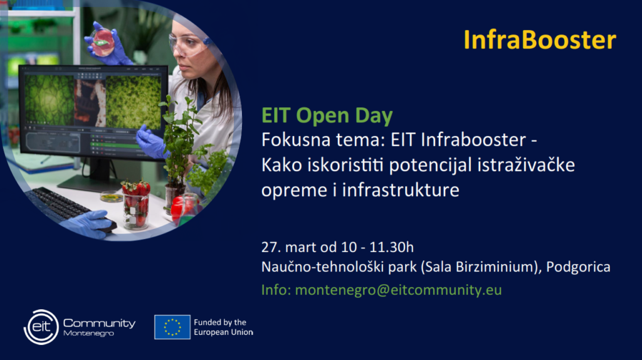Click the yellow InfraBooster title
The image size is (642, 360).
tap(540, 40)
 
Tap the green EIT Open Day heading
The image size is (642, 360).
tap(327, 115)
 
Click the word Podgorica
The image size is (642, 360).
tap(578, 267)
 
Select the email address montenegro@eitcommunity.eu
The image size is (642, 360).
tap(398, 290)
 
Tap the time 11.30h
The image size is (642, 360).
tap(391, 247)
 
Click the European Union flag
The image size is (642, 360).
tap(172, 327)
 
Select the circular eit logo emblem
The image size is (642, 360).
tap(41, 327)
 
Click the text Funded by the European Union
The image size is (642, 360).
tap(224, 327)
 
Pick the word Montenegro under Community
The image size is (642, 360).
tap(88, 334)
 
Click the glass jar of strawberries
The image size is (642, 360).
tap(136, 206)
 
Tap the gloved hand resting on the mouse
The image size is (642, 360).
tap(88, 223)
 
